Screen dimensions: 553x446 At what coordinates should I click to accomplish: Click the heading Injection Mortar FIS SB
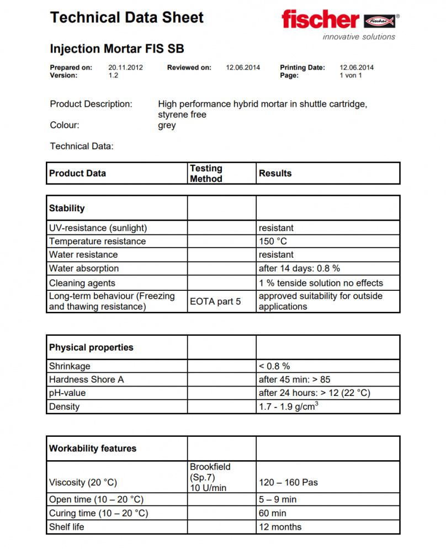[117, 48]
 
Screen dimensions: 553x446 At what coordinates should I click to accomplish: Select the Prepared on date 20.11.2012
[126, 67]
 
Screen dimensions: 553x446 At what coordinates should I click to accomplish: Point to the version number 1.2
[113, 75]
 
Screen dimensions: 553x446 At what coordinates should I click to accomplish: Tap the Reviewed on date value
[243, 67]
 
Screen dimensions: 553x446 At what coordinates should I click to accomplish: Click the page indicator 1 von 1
[351, 75]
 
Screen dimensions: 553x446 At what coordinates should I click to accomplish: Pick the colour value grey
[167, 125]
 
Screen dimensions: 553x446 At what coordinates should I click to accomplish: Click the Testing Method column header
[206, 173]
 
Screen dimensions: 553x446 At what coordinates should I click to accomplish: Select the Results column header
[275, 173]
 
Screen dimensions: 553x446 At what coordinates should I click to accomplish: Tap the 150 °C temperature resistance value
[273, 241]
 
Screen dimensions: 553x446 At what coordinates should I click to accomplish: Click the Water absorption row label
[84, 268]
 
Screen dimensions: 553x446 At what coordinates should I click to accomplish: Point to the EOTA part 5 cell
[215, 301]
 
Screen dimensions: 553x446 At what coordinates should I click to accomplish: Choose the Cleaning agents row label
[82, 283]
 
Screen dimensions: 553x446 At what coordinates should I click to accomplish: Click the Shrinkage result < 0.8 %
[274, 366]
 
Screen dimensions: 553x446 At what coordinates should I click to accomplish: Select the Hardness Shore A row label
[86, 379]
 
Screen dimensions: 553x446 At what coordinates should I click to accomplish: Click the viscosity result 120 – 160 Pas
[288, 482]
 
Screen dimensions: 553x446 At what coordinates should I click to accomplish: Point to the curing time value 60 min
[272, 513]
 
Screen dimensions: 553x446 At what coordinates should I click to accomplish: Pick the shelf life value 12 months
[280, 526]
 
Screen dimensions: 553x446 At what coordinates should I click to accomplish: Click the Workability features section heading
[93, 448]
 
